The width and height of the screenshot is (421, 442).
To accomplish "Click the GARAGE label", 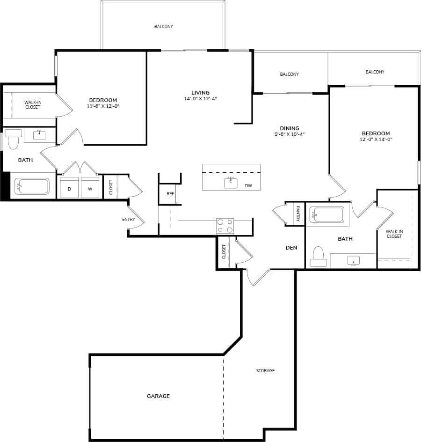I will tap(158, 396).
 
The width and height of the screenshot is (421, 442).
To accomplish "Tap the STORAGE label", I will tap(265, 371).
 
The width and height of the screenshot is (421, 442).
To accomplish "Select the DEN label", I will tap(291, 248).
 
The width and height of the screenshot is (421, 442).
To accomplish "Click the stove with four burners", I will tap(225, 226).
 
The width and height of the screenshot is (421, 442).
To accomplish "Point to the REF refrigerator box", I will tap(170, 193).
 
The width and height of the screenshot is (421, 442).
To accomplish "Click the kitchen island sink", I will tap(231, 183).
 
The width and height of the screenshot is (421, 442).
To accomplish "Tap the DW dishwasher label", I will tap(248, 186).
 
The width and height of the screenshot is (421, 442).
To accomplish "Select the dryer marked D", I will tap(69, 188).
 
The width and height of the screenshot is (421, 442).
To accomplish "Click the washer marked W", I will tap(90, 188).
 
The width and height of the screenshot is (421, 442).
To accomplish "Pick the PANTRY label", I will tap(298, 214).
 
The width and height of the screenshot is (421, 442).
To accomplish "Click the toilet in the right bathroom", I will tap(319, 257).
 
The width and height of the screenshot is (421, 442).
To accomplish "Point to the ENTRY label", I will tap(129, 219).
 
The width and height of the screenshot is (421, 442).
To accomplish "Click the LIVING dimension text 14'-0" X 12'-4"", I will tap(200, 99).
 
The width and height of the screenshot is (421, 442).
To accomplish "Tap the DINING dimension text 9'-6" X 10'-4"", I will tap(290, 134).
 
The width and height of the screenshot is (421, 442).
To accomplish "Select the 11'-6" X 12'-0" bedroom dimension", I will tap(103, 106).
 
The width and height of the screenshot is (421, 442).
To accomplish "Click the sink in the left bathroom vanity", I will tap(39, 135).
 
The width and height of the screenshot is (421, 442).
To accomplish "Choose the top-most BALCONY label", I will tap(163, 27).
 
